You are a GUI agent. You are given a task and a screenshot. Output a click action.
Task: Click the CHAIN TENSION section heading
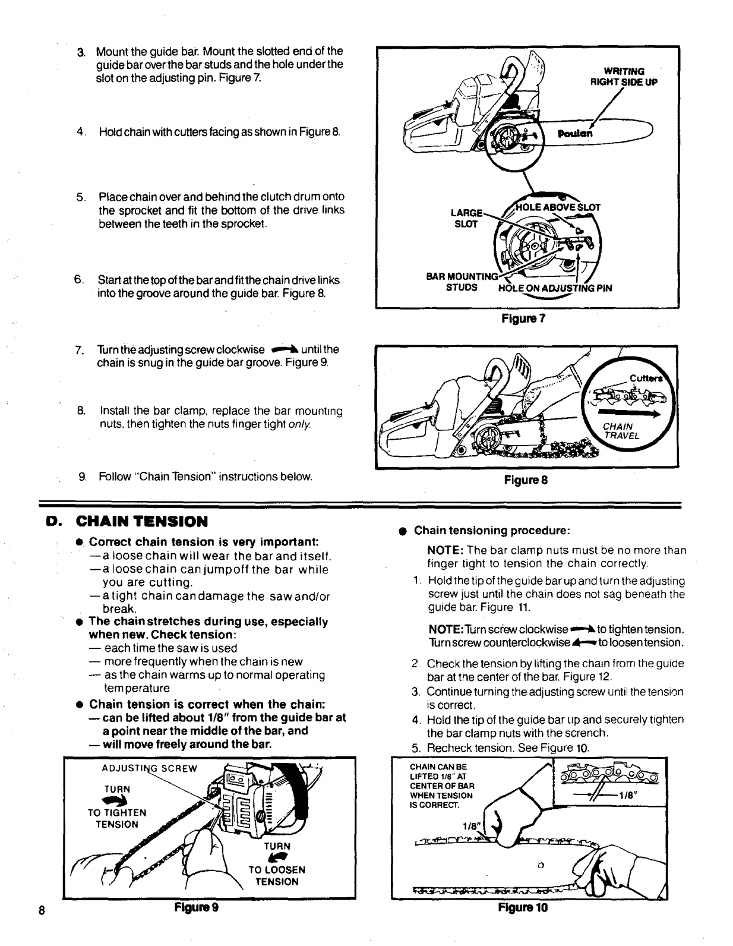141,522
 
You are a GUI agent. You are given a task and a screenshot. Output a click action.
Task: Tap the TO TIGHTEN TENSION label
117,818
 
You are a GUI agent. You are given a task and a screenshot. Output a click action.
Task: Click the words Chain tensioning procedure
492,530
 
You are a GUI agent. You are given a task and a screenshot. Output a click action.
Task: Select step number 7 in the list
79,349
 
